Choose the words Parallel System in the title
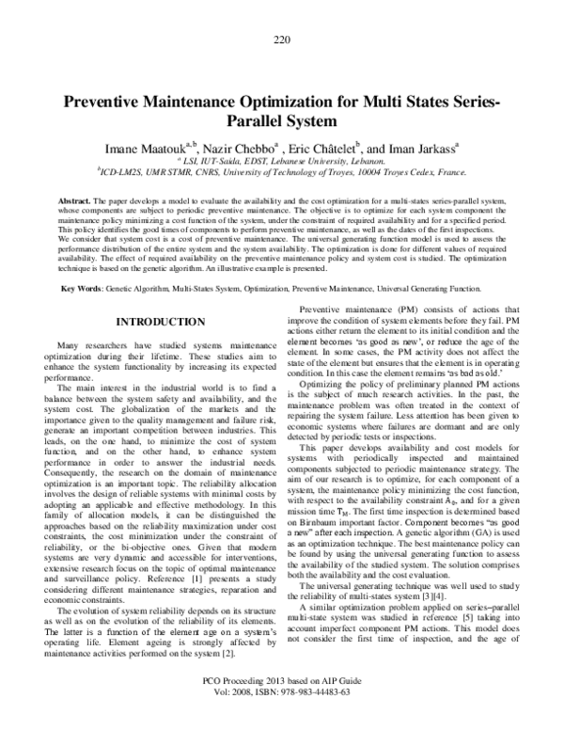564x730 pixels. pos(281,122)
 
